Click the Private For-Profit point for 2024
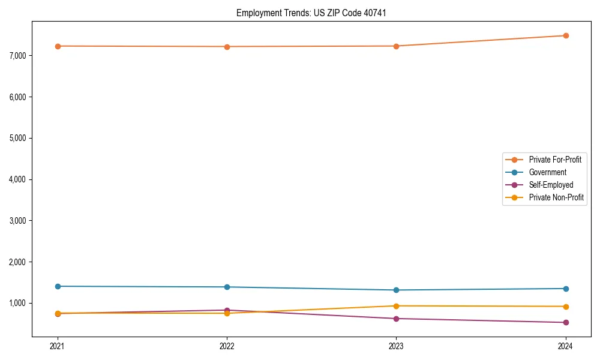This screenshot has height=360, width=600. (566, 35)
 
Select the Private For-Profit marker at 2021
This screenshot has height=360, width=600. (58, 46)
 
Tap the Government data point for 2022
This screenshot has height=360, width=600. (227, 287)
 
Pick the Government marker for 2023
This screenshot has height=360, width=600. (396, 290)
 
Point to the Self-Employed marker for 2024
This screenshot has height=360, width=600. (566, 323)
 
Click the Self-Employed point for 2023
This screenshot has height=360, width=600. (396, 319)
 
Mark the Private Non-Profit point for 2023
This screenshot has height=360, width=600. (396, 306)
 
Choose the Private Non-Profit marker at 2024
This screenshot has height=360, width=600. (566, 307)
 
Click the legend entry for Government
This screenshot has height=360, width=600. (547, 172)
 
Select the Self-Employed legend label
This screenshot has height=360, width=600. (551, 185)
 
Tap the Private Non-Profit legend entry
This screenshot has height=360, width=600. (556, 197)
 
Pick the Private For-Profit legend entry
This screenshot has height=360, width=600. (555, 160)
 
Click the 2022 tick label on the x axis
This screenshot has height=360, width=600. (227, 346)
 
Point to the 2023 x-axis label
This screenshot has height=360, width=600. (396, 346)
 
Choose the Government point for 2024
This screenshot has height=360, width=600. (566, 289)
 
